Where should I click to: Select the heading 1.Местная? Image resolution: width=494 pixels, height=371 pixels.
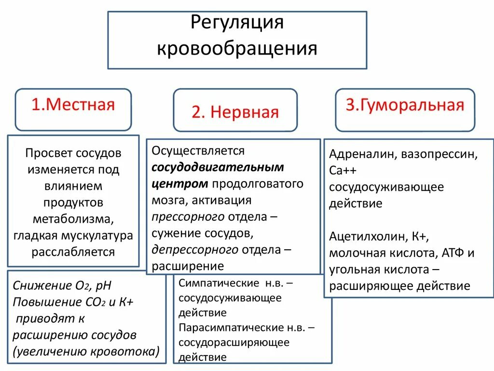pyautogui.click(x=73, y=105)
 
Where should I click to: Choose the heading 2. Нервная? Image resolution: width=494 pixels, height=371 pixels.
pyautogui.click(x=235, y=112)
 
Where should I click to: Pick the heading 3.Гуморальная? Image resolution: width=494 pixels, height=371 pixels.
pyautogui.click(x=405, y=105)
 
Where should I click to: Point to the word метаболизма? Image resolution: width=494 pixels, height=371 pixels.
pyautogui.click(x=73, y=219)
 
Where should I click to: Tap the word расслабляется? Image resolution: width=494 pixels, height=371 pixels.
pyautogui.click(x=73, y=252)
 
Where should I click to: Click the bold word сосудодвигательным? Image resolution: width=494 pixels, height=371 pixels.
pyautogui.click(x=218, y=167)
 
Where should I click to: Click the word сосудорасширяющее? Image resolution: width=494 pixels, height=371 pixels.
pyautogui.click(x=234, y=342)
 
